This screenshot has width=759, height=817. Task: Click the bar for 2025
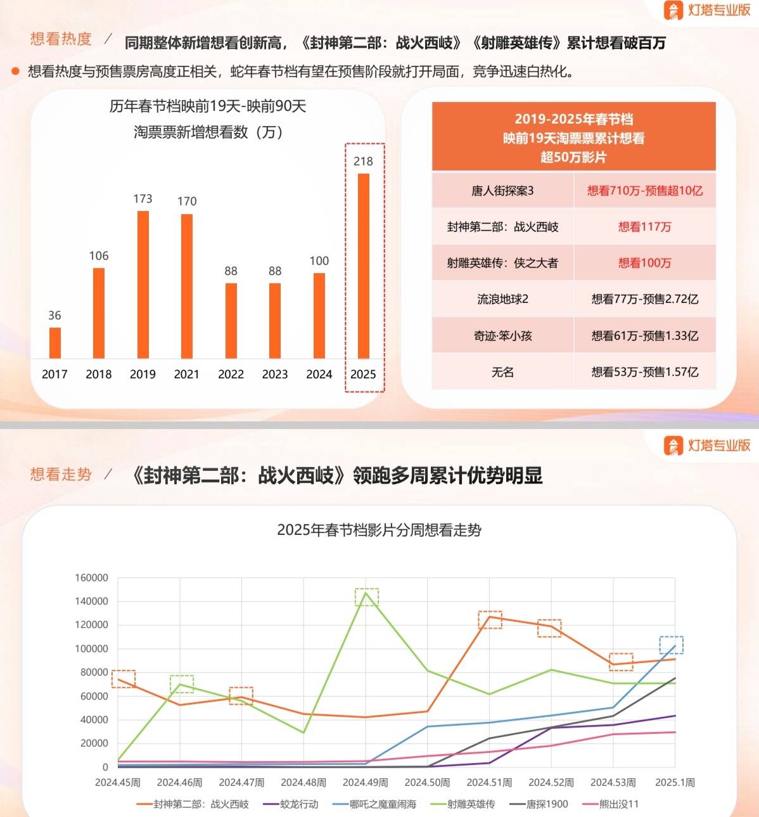pos(363,266)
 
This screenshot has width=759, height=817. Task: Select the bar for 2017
pos(55,343)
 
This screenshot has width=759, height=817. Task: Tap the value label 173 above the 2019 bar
pos(143,198)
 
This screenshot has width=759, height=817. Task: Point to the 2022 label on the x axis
pos(231,374)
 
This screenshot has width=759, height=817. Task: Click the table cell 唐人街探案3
pos(502,191)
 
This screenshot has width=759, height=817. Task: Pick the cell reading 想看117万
pos(644,227)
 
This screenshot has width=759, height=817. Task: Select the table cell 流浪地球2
pos(502,299)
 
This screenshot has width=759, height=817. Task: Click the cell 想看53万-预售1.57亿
pos(644,372)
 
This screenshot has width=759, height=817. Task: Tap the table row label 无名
pos(502,372)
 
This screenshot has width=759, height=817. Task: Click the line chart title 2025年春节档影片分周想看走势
pos(379,530)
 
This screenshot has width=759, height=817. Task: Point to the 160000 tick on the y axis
pos(92,577)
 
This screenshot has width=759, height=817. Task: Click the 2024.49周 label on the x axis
pos(366,783)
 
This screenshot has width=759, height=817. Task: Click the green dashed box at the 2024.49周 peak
pos(366,597)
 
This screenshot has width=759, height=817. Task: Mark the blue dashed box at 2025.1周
pos(671,645)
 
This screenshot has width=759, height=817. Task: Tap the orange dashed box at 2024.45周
pos(124,679)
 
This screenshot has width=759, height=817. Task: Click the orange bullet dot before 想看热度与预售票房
pos(16,71)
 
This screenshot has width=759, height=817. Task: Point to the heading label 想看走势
pos(61,474)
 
